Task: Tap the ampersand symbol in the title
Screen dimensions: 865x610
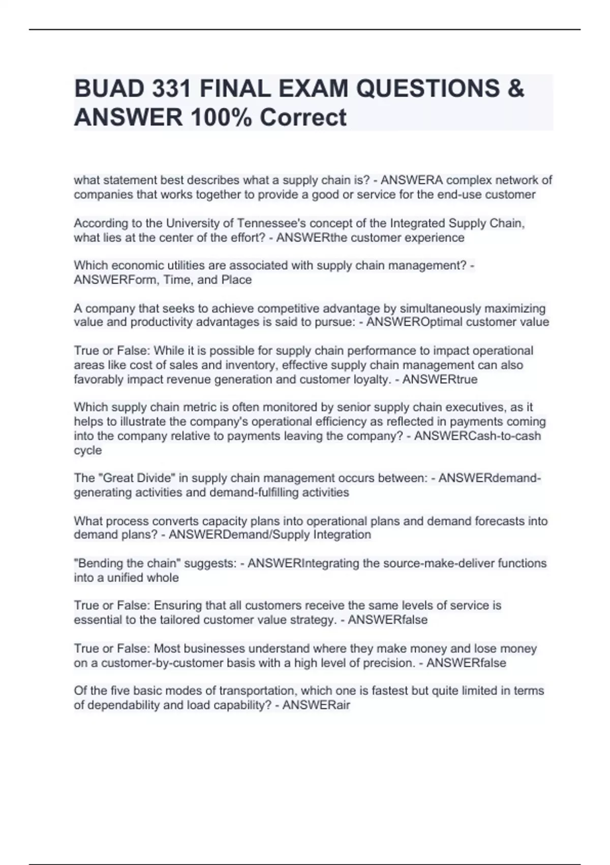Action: (x=515, y=89)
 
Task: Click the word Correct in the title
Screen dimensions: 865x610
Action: (x=303, y=117)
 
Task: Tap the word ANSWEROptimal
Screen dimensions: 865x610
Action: (x=413, y=322)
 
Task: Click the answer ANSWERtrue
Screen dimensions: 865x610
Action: (x=440, y=380)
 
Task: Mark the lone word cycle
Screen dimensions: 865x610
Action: (x=88, y=450)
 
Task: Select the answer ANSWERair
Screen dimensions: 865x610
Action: (x=316, y=705)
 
